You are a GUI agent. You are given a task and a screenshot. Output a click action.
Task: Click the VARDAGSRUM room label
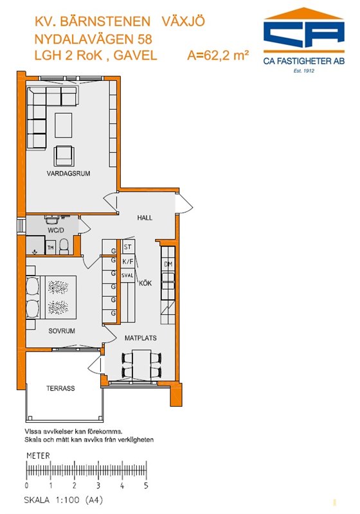[x=68, y=173]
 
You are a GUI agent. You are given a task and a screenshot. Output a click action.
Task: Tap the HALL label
[x=145, y=218]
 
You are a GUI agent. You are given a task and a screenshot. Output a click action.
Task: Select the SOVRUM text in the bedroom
[x=62, y=331]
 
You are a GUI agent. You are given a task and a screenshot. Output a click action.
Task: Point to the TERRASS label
[x=60, y=389]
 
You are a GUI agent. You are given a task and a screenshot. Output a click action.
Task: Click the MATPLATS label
[x=140, y=338]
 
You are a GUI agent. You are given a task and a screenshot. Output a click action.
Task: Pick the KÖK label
[x=145, y=283]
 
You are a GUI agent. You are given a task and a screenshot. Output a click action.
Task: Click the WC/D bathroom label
[x=56, y=230]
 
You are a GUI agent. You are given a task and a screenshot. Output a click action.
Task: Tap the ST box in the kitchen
[x=128, y=247]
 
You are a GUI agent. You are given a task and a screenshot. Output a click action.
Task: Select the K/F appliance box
[x=128, y=261]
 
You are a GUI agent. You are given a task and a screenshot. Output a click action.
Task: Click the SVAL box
[x=128, y=276]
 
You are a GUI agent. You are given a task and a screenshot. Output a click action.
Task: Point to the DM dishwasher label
[x=168, y=264]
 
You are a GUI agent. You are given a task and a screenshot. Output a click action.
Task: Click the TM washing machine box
[x=51, y=247]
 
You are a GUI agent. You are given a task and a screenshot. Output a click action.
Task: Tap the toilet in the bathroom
[x=64, y=247]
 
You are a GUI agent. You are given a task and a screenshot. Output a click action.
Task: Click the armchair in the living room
[x=64, y=155]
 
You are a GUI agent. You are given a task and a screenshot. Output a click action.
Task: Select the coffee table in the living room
[x=64, y=125]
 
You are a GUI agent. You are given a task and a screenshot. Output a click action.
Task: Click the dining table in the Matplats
[x=141, y=365]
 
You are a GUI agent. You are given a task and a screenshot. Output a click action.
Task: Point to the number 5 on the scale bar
[x=146, y=486]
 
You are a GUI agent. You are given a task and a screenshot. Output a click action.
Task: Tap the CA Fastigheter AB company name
[x=304, y=61]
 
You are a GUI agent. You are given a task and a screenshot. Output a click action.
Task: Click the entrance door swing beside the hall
[x=185, y=204]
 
